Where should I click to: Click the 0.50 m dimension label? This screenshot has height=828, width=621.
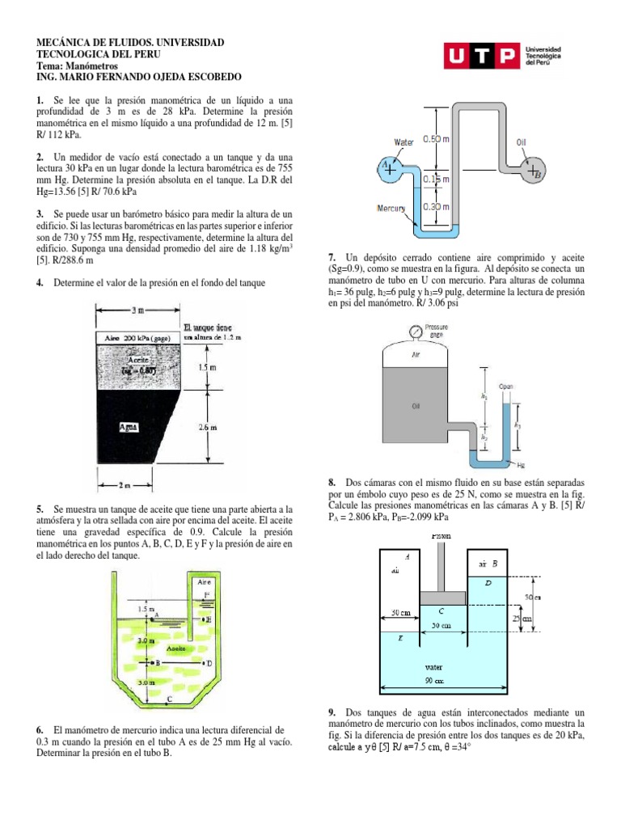pos(437,140)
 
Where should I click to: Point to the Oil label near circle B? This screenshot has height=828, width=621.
pos(522,142)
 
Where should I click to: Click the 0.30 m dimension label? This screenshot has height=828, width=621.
pos(437,206)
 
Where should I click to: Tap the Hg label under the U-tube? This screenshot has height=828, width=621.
pos(522,466)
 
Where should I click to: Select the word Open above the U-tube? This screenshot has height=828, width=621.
pos(506,386)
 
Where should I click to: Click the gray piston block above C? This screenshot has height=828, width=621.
pos(441,598)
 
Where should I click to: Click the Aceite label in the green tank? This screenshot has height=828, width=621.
pos(177,648)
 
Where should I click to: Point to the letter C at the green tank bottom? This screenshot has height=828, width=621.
pos(169,698)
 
